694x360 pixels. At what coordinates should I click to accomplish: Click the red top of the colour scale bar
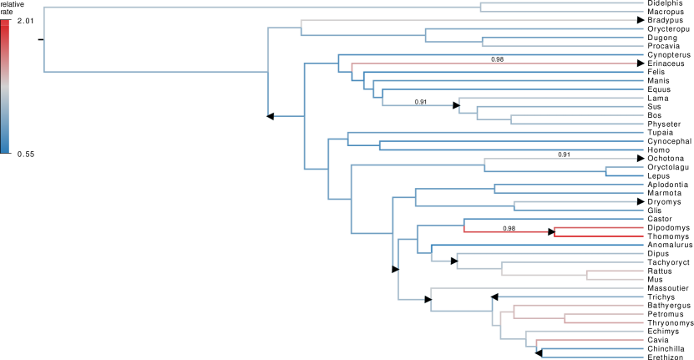[5, 25]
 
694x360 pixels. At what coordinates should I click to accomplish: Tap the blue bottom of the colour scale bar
[5, 147]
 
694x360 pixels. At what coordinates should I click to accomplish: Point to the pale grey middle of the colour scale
[5, 87]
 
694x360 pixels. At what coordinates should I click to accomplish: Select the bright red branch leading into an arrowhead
[505, 231]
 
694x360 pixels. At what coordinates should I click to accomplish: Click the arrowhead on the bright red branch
[551, 231]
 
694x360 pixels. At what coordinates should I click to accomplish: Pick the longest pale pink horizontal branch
[493, 63]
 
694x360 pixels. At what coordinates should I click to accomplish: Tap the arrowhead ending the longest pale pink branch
[641, 63]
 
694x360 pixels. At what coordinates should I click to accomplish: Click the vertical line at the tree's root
[44, 39]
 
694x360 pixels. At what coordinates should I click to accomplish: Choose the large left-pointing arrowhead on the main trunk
[270, 116]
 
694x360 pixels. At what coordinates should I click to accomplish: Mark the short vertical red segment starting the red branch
[464, 226]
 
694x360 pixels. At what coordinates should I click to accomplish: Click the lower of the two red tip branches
[598, 236]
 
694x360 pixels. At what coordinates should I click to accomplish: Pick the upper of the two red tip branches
[598, 227]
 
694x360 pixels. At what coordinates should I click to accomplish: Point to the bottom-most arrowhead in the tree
[538, 352]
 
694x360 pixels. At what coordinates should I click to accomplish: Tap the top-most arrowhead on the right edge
[641, 20]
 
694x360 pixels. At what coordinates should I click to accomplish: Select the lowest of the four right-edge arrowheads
[641, 201]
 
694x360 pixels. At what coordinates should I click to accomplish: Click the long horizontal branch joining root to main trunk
[155, 72]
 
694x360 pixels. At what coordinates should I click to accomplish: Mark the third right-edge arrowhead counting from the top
[641, 158]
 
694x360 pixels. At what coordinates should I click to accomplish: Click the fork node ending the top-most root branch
[480, 8]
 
